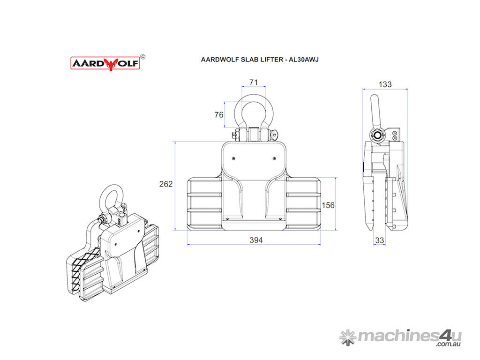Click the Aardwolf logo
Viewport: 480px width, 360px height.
pyautogui.click(x=105, y=63)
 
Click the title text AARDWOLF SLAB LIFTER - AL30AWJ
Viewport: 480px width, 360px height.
pyautogui.click(x=260, y=60)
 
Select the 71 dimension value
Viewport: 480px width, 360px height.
pyautogui.click(x=254, y=82)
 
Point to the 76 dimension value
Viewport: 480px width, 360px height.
pyautogui.click(x=219, y=115)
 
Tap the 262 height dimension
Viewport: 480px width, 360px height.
pyautogui.click(x=166, y=184)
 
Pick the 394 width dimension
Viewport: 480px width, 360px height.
pyautogui.click(x=256, y=240)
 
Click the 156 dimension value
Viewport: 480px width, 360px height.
pyautogui.click(x=328, y=205)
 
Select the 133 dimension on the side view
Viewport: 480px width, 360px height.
pyautogui.click(x=385, y=84)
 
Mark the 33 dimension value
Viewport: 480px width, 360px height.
pyautogui.click(x=380, y=240)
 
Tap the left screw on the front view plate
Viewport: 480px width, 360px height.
pyautogui.click(x=234, y=158)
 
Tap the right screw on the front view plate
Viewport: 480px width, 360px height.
pyautogui.click(x=274, y=158)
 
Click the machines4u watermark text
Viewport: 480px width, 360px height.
pyautogui.click(x=410, y=337)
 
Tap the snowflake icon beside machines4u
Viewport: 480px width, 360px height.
pyautogui.click(x=348, y=337)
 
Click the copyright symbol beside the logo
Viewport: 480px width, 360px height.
pyautogui.click(x=143, y=57)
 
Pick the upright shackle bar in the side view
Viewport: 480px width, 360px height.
pyautogui.click(x=375, y=112)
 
